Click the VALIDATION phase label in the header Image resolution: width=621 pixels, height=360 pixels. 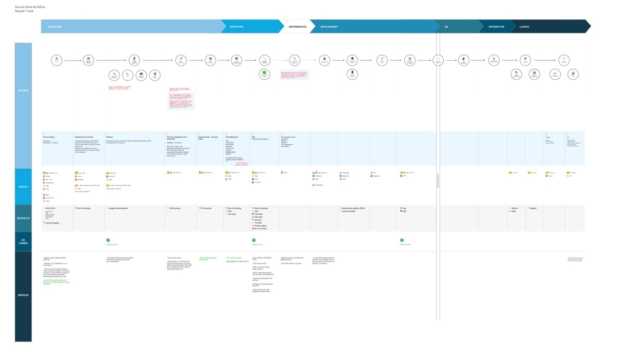[55, 27]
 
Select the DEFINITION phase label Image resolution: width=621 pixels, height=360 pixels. [237, 27]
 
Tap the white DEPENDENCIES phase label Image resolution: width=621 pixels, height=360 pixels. [298, 27]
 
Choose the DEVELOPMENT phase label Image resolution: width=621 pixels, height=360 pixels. [329, 27]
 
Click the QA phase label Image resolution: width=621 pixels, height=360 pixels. [446, 27]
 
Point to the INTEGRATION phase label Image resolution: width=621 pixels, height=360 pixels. [496, 27]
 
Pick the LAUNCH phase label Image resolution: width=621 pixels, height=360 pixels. [524, 27]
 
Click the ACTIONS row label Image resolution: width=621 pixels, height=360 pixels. [23, 91]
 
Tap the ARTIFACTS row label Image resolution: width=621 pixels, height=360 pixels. [23, 218]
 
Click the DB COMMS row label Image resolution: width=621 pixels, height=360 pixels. [23, 241]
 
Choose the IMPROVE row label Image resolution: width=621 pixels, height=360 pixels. [23, 295]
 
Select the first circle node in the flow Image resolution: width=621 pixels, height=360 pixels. [57, 60]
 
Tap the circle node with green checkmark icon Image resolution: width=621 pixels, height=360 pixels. [264, 74]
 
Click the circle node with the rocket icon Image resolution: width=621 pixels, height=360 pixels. [525, 60]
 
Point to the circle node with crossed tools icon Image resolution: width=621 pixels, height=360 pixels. [494, 60]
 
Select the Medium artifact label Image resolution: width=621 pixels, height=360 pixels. [533, 208]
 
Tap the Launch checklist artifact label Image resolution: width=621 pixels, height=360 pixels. [349, 211]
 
